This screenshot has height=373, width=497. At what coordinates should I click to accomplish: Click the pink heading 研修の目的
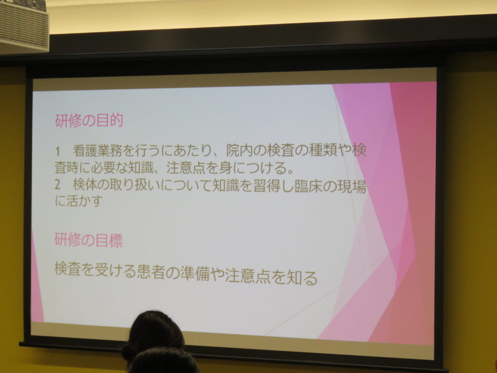click(x=89, y=120)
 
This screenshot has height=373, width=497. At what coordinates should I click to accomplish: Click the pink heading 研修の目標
click(x=88, y=240)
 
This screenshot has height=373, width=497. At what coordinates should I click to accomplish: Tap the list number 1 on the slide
click(x=57, y=152)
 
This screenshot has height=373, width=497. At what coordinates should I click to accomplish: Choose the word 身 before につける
click(x=225, y=168)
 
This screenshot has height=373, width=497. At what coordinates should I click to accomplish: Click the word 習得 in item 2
click(x=266, y=186)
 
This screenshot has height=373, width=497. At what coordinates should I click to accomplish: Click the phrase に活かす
click(x=79, y=201)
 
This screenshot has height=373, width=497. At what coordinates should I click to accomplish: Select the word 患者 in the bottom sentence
click(x=151, y=271)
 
